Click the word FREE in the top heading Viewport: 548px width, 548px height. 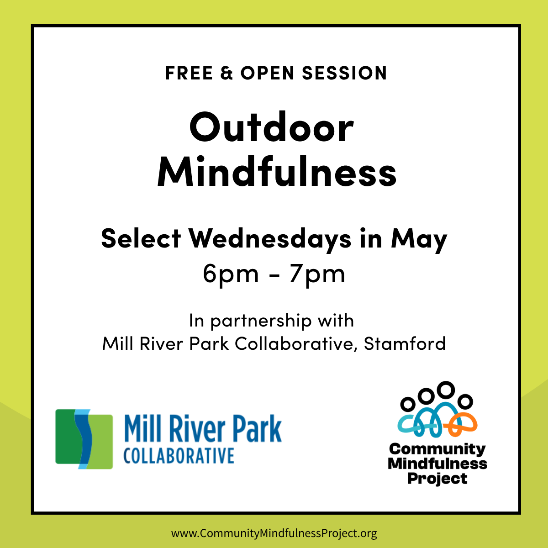[x=189, y=73]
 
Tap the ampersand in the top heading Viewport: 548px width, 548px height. [x=227, y=73]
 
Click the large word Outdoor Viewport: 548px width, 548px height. [x=271, y=128]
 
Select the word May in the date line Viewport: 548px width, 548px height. [x=419, y=239]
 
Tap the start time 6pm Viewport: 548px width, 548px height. [x=231, y=274]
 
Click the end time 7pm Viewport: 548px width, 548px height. [x=317, y=274]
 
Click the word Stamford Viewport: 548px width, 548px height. [x=405, y=343]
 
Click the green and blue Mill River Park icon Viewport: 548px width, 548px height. [x=84, y=439]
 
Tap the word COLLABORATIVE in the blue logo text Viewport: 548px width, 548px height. [x=179, y=456]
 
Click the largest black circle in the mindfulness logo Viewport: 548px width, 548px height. [x=445, y=390]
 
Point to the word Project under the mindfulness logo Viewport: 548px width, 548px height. [x=437, y=479]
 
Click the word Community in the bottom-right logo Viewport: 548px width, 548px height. [x=437, y=449]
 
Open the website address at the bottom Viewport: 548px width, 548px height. [x=274, y=533]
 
